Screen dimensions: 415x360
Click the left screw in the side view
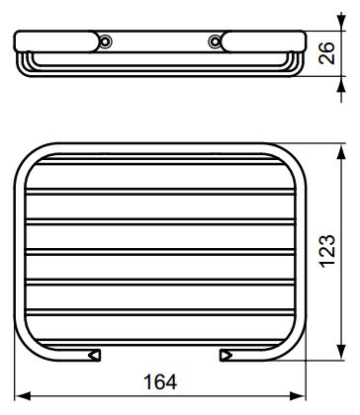point(105,41)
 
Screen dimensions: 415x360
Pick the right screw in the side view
point(215,41)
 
